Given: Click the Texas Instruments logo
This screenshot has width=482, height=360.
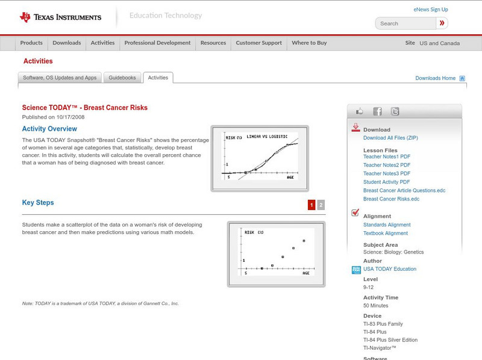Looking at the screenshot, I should (60, 17).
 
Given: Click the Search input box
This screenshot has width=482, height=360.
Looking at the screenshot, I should (405, 23).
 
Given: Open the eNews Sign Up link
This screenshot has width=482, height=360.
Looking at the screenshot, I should (431, 10).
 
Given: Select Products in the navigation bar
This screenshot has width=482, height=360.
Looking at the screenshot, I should (31, 43).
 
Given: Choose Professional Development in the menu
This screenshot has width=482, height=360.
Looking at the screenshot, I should (157, 43).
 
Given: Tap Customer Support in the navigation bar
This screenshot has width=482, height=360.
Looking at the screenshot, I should (258, 43).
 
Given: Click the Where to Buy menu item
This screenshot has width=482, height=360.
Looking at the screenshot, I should (309, 43).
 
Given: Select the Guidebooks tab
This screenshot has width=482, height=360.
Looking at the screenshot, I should (123, 78).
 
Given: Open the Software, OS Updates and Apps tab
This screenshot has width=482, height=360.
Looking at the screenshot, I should (60, 78).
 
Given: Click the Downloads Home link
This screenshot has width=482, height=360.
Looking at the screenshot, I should (436, 78).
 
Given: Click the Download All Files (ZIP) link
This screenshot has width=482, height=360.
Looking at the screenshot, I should (390, 138).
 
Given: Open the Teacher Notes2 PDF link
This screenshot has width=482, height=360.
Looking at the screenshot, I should (387, 165).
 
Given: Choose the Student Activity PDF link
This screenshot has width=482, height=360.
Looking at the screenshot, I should (386, 182).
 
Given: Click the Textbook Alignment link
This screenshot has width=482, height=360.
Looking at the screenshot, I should (386, 233).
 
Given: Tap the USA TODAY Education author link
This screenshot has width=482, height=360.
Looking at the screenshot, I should (389, 269).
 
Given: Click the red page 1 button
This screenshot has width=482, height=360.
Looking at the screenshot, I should (311, 205).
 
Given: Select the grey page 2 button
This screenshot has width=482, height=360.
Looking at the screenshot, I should (321, 205).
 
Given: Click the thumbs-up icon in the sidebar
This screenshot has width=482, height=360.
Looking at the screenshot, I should (360, 111).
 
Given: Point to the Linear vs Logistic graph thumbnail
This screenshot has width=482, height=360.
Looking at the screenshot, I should (260, 158).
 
